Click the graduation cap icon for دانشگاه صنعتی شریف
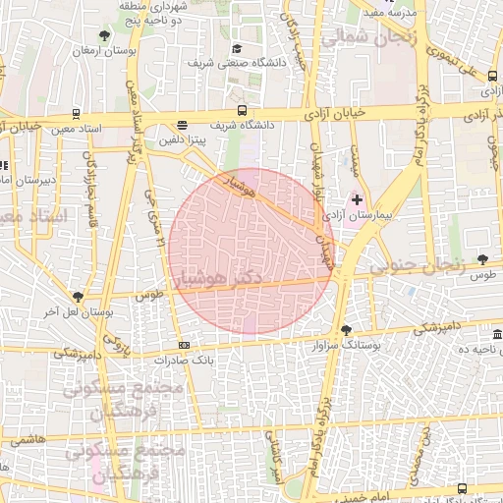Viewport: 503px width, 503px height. [236, 49]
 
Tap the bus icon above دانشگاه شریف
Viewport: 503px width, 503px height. [242, 111]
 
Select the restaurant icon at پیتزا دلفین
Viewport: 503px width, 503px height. [182, 125]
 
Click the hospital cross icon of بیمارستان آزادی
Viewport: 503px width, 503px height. [358, 199]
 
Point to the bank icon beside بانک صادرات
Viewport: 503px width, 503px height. [185, 345]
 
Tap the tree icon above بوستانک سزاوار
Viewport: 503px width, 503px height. [345, 330]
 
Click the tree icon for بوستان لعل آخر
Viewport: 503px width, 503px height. [78, 296]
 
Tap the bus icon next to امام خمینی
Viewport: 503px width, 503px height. [462, 488]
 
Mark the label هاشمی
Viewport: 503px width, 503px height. [29, 444]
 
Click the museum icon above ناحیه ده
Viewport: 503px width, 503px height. [497, 336]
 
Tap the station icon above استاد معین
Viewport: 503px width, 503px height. [78, 113]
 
